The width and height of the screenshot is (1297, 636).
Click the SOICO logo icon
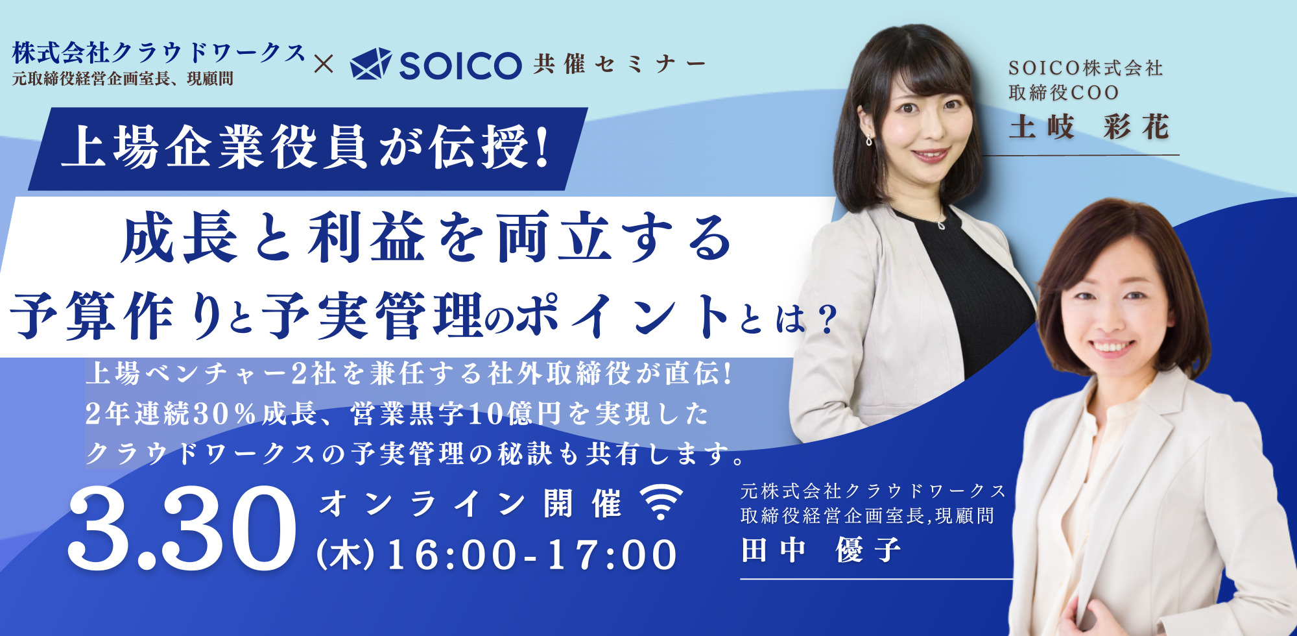[x=371, y=64]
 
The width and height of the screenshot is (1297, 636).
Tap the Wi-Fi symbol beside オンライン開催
[x=661, y=502]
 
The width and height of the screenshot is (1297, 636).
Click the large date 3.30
[x=182, y=529]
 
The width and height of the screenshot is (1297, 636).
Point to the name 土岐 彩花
[x=1089, y=127]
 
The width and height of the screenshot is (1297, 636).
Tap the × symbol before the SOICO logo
[x=323, y=64]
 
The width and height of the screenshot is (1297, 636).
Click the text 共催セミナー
[x=620, y=64]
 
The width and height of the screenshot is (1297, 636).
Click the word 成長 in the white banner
[x=179, y=238]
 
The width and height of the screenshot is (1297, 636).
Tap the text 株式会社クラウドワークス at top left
[x=158, y=53]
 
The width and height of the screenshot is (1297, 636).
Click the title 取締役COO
[x=1064, y=93]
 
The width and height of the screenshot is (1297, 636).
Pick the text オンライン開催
[x=471, y=504]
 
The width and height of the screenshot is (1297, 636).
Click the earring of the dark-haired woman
[x=870, y=138]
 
